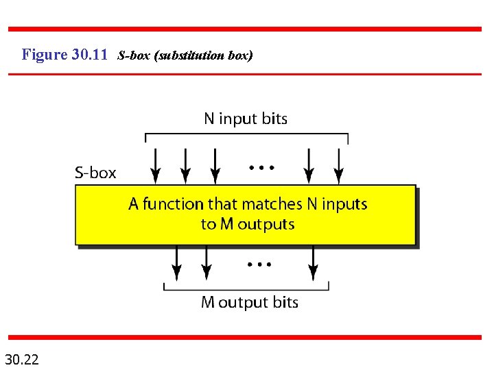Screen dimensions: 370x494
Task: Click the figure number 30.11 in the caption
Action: (89, 54)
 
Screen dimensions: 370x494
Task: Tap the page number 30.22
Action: (21, 358)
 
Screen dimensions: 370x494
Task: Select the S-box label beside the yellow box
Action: (95, 173)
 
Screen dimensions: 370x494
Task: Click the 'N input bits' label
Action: (246, 119)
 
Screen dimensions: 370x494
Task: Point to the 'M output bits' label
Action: (249, 302)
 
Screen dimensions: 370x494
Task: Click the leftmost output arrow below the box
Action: (176, 262)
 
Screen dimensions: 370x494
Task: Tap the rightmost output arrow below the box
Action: (313, 262)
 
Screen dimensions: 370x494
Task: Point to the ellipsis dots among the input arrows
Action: (261, 166)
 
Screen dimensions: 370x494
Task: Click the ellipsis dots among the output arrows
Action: (259, 263)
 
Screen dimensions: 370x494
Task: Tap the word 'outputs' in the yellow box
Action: (266, 224)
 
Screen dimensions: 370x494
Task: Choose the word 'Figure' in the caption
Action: (44, 54)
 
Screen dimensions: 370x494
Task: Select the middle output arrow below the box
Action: (205, 262)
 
